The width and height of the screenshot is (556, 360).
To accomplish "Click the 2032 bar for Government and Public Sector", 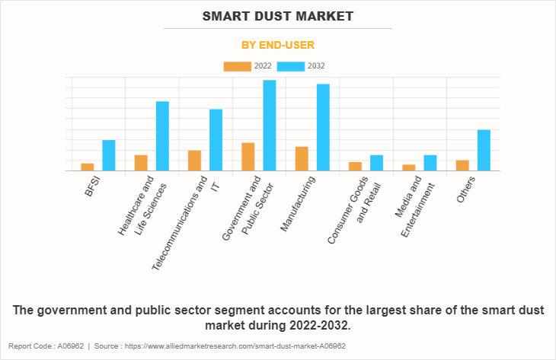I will click(x=270, y=125).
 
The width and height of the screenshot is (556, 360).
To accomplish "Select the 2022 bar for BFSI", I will click(x=88, y=167).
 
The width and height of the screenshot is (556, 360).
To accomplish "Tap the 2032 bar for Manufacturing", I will click(x=323, y=127).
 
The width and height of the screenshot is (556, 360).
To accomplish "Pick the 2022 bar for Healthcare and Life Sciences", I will click(x=141, y=163).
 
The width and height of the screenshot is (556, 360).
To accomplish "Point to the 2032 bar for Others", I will click(x=484, y=150).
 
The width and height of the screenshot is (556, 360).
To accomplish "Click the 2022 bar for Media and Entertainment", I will click(x=409, y=167).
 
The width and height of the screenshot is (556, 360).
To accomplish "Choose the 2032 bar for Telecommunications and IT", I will click(x=216, y=139).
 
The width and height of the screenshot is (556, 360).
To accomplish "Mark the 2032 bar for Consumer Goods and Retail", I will click(x=376, y=163).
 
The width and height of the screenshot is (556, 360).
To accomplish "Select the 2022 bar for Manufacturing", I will click(x=302, y=158).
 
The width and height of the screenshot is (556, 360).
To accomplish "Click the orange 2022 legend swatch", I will click(x=237, y=66).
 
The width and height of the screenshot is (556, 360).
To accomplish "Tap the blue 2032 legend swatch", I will click(x=291, y=66).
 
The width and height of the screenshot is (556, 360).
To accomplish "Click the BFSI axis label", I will click(x=92, y=187).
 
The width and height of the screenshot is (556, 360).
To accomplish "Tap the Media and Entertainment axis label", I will click(x=415, y=209).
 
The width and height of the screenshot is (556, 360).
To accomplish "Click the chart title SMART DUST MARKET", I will click(x=278, y=15).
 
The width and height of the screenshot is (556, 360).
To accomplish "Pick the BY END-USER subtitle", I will click(x=278, y=45).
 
